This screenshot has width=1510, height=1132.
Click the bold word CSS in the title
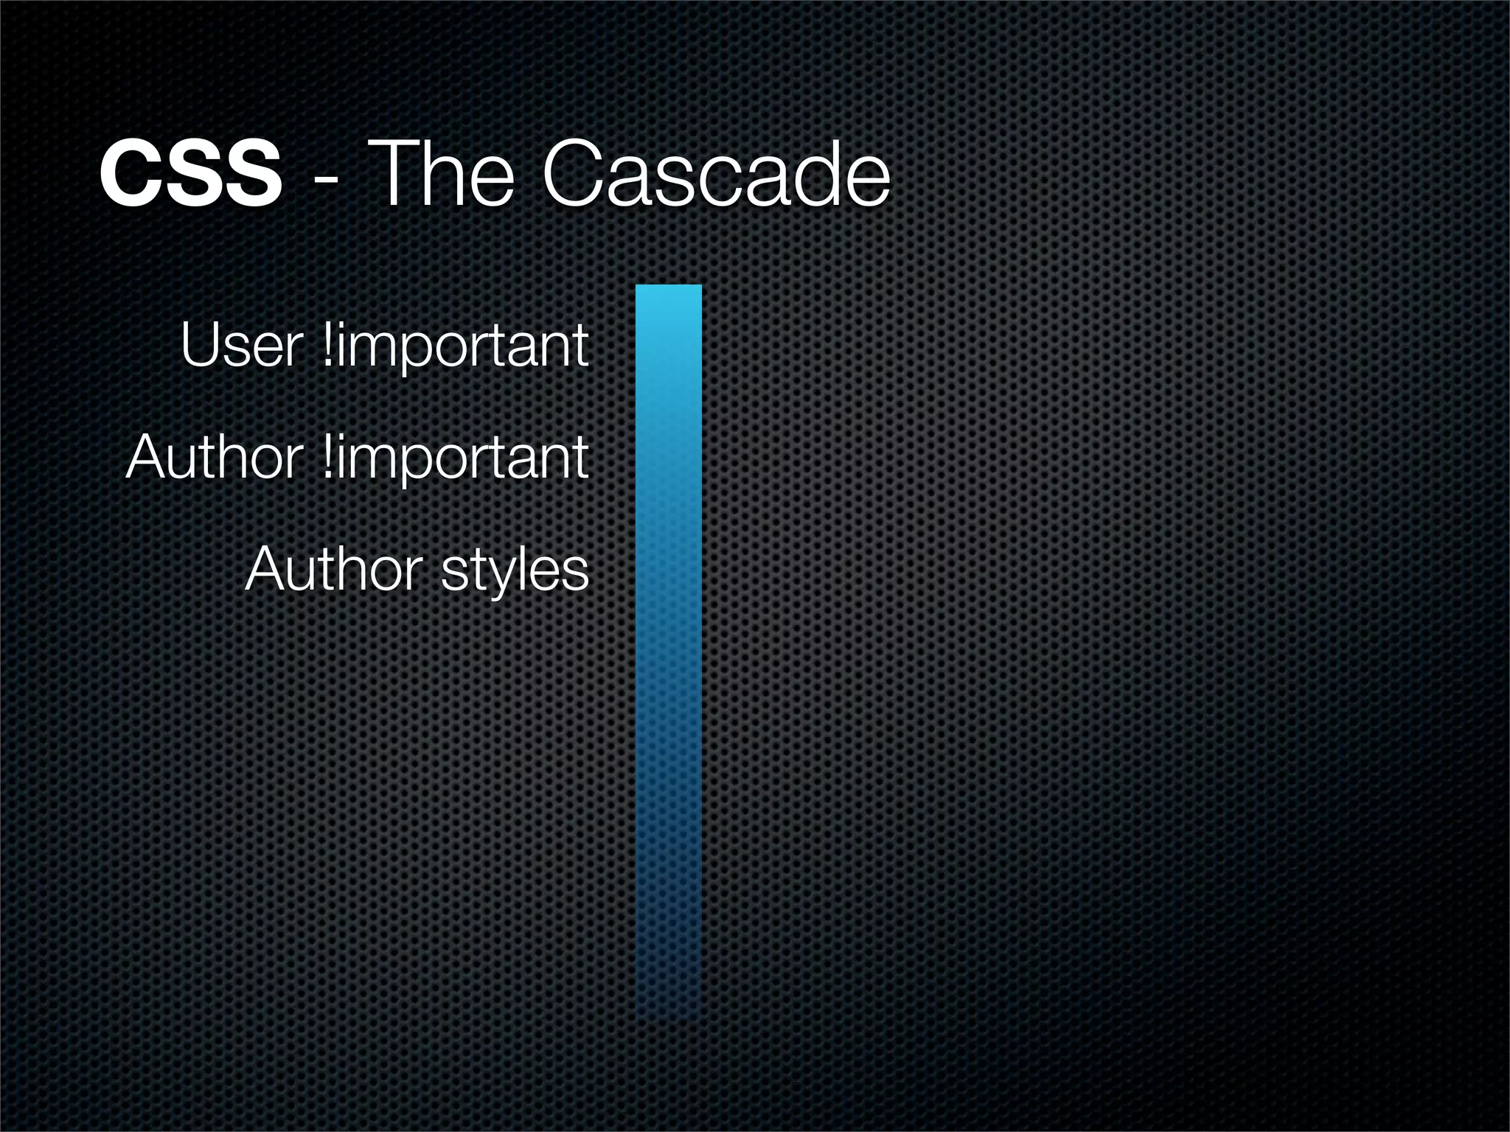[190, 175]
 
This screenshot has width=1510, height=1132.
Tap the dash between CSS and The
[327, 180]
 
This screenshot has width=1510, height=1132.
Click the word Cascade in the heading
[715, 175]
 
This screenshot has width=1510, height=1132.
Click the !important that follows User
[456, 346]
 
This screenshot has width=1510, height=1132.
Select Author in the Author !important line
[214, 458]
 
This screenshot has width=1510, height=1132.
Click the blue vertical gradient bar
[669, 649]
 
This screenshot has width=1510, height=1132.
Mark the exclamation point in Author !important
[328, 457]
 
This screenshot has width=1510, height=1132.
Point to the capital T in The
[394, 175]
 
